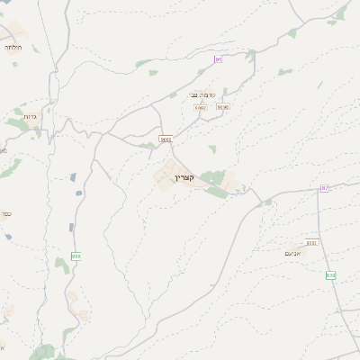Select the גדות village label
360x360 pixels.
pyautogui.click(x=31, y=116)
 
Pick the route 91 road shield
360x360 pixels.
pyautogui.click(x=218, y=59)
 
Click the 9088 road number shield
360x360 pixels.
pyautogui.click(x=166, y=139)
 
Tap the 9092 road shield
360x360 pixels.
pyautogui.click(x=200, y=107)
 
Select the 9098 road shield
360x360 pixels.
pyautogui.click(x=222, y=107)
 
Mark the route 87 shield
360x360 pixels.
pyautogui.click(x=325, y=187)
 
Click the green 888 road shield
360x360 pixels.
pyautogui.click(x=76, y=256)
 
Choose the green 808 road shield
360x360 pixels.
pyautogui.click(x=330, y=275)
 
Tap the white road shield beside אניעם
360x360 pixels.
pyautogui.click(x=311, y=242)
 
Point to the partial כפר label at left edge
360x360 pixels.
pyautogui.click(x=4, y=214)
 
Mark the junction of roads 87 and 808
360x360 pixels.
pyautogui.click(x=319, y=193)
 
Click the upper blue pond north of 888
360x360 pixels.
pyautogui.click(x=73, y=178)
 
